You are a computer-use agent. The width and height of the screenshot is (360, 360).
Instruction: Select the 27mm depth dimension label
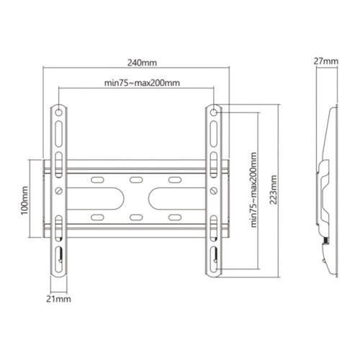327,62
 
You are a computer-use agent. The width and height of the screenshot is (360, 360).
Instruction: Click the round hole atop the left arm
58,113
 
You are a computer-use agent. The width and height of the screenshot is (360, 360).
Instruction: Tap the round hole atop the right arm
216,113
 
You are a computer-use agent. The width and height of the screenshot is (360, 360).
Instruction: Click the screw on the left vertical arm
58,191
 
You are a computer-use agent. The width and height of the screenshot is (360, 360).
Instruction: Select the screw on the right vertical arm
216,191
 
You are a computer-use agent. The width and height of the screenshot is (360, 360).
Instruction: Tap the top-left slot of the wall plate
97,179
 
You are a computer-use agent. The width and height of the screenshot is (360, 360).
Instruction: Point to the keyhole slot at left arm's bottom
58,253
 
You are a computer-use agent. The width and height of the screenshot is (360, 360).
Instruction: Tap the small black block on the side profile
326,239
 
